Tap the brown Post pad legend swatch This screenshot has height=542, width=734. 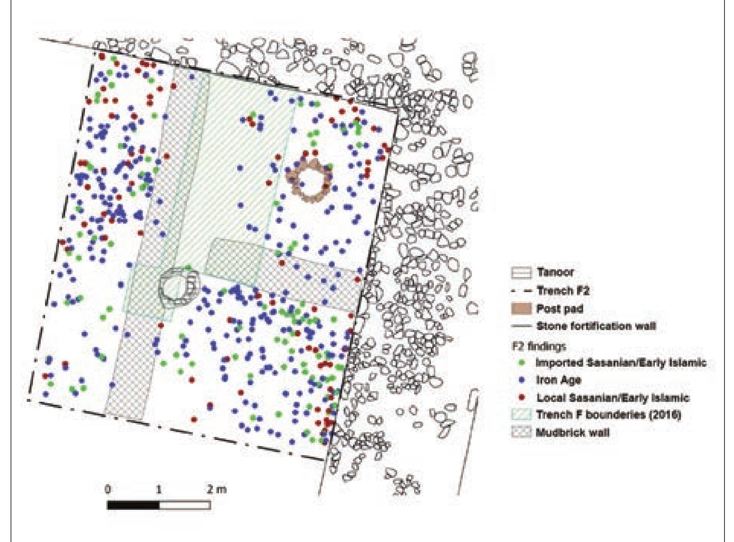tap(520, 309)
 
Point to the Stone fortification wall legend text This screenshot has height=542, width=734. tap(596, 326)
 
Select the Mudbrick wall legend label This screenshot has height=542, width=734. tap(573, 432)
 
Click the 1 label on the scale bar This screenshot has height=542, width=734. tap(159, 490)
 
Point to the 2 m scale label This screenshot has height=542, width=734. tap(216, 490)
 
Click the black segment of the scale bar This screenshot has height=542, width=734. tap(133, 505)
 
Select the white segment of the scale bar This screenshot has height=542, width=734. tap(185, 505)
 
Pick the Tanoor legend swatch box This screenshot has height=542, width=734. tap(520, 273)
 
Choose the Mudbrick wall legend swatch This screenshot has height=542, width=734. tap(520, 432)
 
